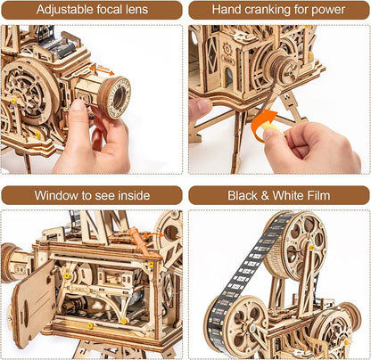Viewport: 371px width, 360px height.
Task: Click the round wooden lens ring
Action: point(115,96)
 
